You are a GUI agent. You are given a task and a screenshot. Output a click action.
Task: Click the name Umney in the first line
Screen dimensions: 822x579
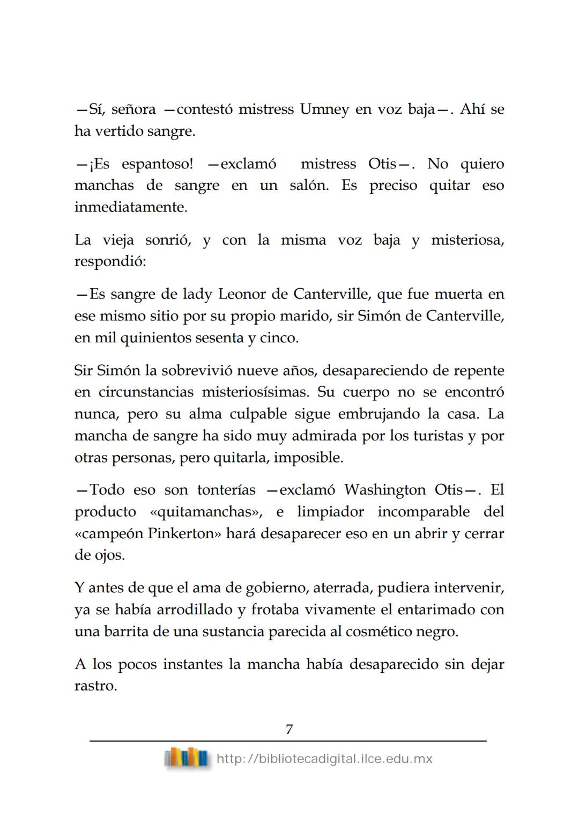[324, 109]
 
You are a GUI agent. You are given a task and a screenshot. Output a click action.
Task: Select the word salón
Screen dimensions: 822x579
[309, 186]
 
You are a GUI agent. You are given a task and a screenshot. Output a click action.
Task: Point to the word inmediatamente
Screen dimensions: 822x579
[131, 208]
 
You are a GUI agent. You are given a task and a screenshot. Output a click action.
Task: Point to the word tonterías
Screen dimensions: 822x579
[226, 490]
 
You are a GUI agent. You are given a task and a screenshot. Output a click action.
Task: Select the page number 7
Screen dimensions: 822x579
[289, 730]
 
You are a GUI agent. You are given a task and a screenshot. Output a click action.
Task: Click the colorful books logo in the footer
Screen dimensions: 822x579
[187, 758]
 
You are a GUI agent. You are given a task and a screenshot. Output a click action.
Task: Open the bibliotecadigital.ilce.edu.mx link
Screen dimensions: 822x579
[324, 759]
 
